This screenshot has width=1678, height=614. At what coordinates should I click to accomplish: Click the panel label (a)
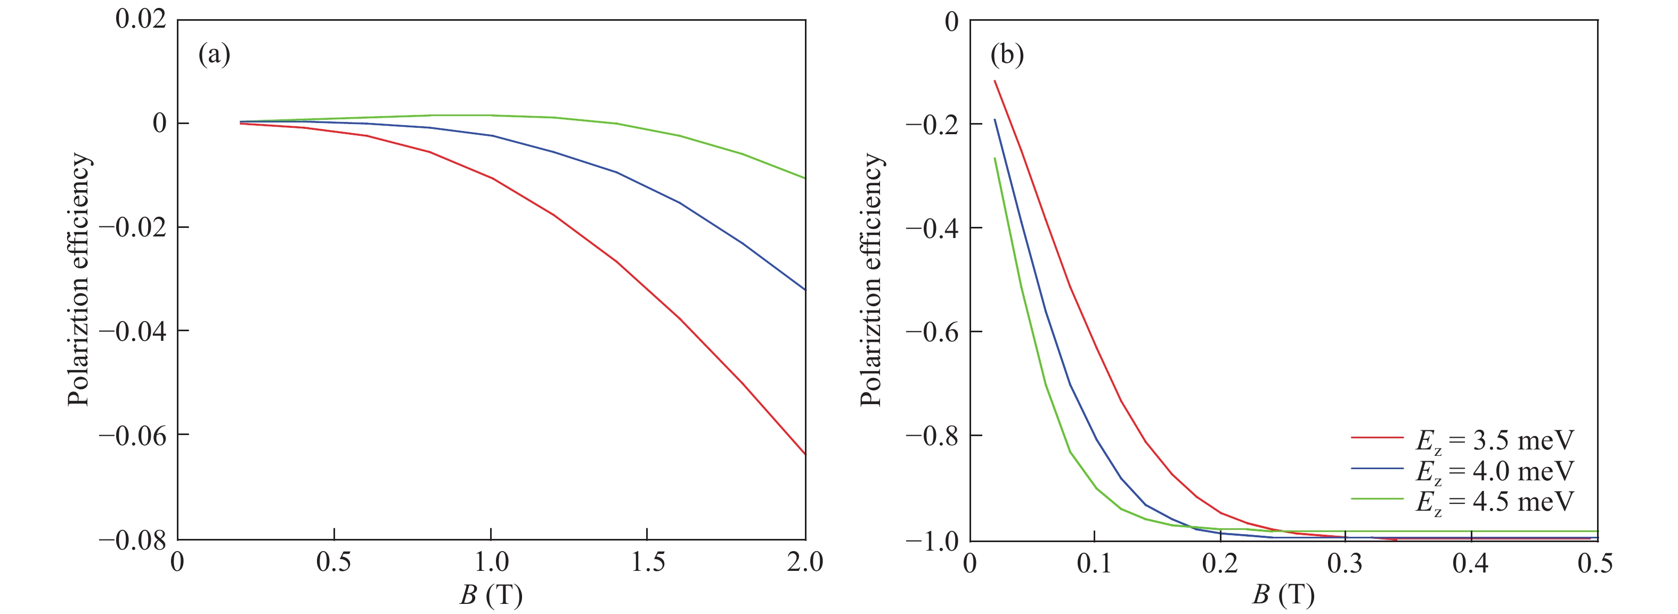click(214, 55)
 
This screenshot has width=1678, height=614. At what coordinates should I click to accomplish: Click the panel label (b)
click(1007, 55)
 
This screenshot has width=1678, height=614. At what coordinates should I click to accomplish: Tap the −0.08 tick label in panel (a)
click(132, 540)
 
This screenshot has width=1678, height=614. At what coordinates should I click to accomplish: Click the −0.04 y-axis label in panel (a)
click(132, 331)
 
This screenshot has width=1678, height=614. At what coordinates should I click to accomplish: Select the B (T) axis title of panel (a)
click(491, 594)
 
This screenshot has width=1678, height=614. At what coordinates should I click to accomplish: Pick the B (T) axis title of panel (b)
click(1283, 594)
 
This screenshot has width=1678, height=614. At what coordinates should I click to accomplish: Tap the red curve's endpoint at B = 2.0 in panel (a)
click(805, 454)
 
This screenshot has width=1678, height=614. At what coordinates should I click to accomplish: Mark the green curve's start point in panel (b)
click(995, 158)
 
